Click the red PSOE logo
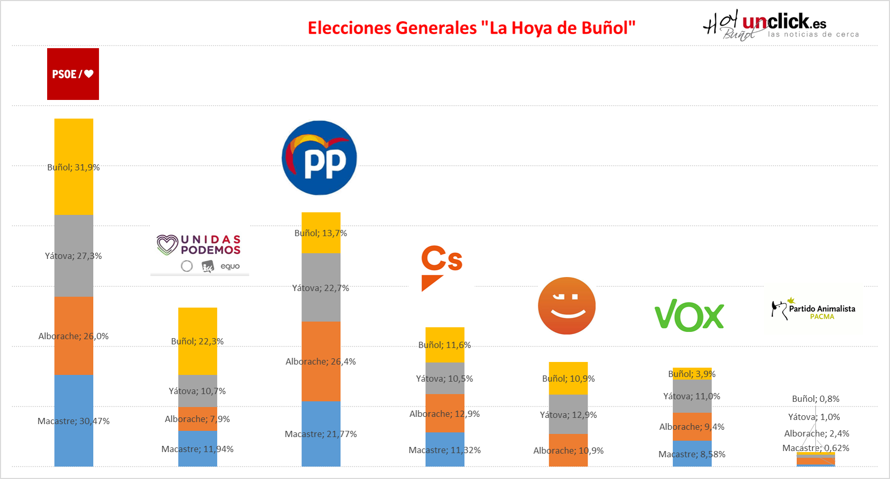tap(73, 74)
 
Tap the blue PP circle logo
tap(319, 158)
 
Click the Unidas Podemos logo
tap(199, 252)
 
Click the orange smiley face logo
tap(567, 306)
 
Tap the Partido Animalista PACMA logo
tap(813, 309)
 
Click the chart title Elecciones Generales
tap(471, 28)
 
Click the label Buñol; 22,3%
tap(197, 341)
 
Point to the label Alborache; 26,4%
tap(321, 361)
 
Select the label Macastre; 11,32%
tap(444, 450)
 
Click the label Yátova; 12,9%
tap(568, 415)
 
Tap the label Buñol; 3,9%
tap(692, 374)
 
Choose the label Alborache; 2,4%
tap(816, 433)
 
